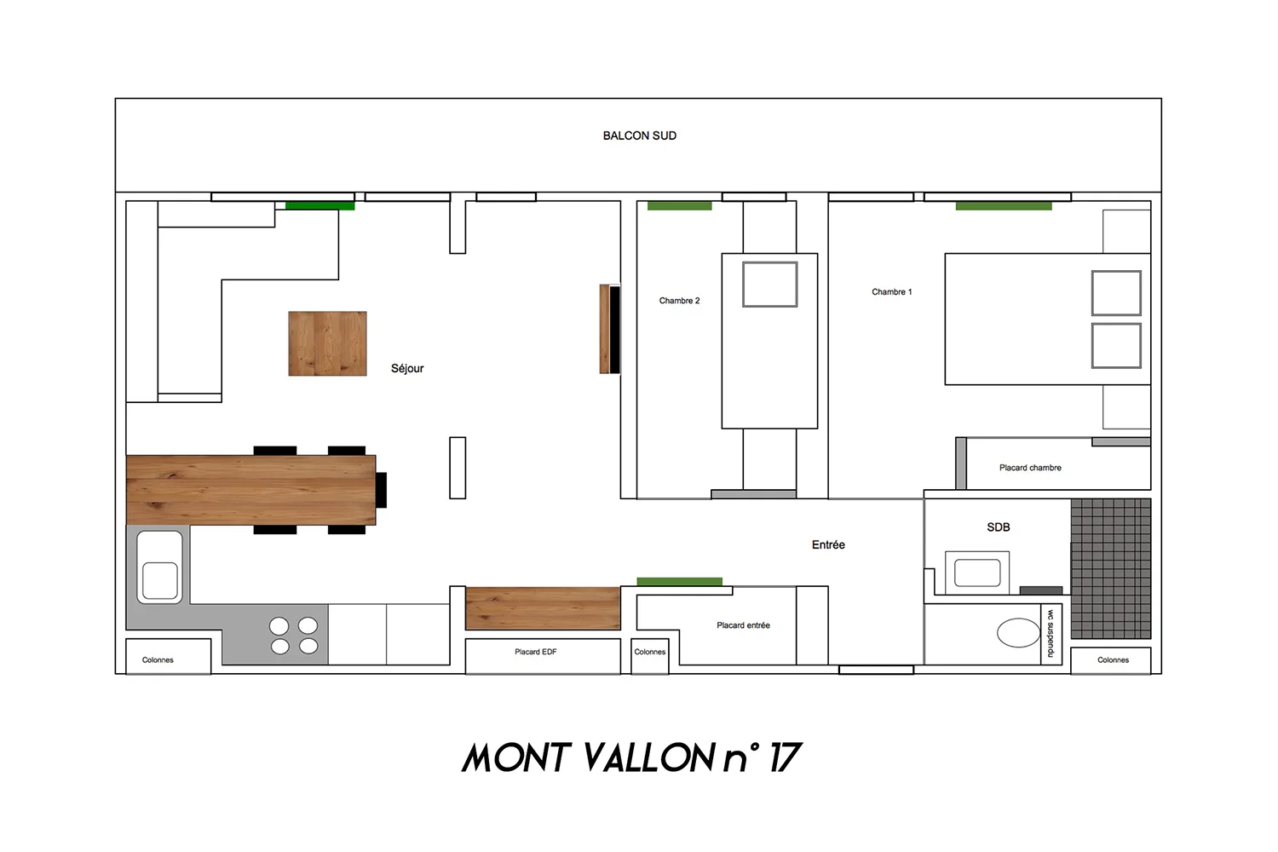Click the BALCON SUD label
point(640,135)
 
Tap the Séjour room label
point(407,369)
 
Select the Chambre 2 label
point(679,301)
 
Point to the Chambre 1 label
point(892,291)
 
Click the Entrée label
point(828,545)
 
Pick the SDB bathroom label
point(999,527)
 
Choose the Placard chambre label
point(1030,468)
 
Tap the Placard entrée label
point(744,625)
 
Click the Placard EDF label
point(536,652)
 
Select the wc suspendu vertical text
point(1051,633)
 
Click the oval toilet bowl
point(1018,633)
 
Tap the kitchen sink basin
point(160,581)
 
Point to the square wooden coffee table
point(327,343)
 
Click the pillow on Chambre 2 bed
point(769,285)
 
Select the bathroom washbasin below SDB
point(977,573)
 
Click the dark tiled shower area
point(1111,568)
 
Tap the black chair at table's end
point(381,490)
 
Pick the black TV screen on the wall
point(614,329)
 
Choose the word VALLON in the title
point(648,757)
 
